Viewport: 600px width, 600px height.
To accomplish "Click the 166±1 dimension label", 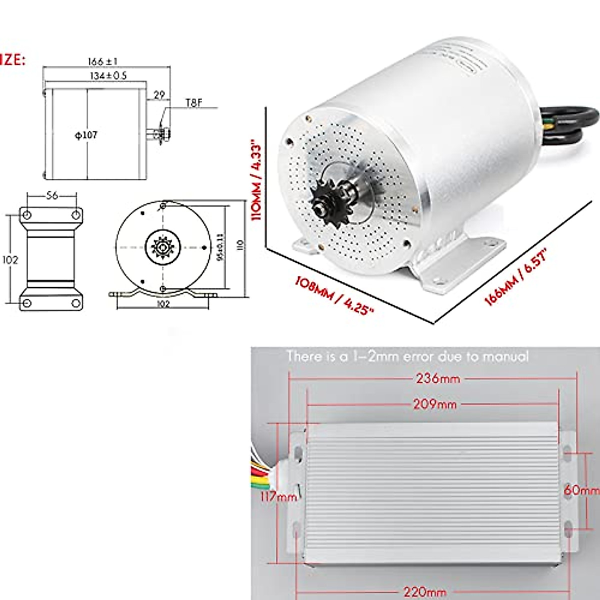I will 102,61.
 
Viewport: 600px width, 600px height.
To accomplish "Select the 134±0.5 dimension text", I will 108,76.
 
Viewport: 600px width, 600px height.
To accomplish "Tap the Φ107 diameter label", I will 86,135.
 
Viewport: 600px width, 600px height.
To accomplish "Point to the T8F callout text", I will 194,102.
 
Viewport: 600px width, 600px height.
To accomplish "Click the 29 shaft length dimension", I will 159,94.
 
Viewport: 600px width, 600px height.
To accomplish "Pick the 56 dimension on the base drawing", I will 52,195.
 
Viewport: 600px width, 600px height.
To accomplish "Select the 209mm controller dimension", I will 434,404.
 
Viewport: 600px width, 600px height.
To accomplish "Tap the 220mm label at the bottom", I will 424,592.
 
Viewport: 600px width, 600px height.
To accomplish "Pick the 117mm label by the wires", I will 278,497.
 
